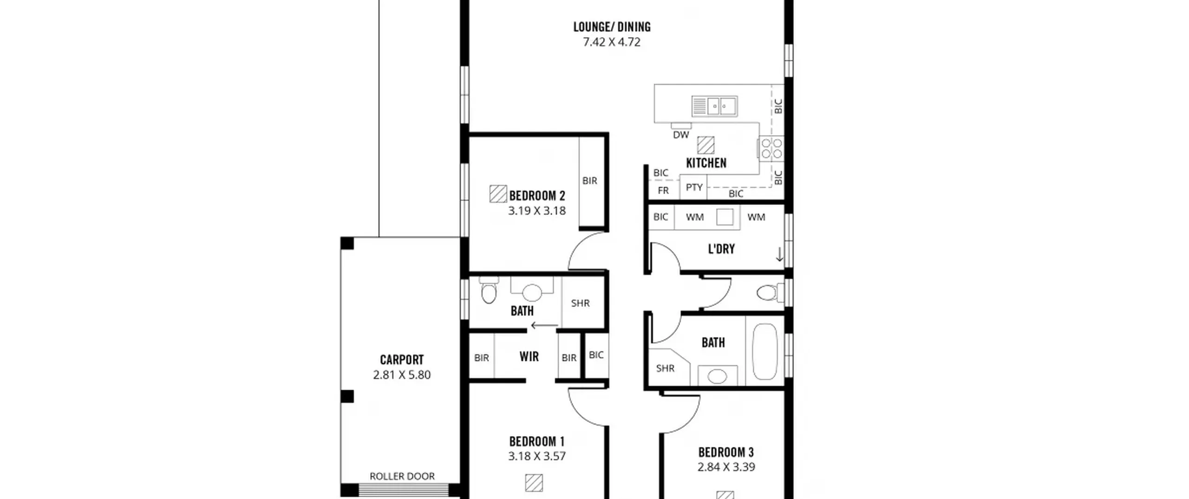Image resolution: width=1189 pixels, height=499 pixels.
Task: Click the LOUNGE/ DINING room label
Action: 612,27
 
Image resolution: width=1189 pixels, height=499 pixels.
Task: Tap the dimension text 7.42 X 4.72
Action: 612,42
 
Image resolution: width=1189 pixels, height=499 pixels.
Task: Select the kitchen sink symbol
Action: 714,106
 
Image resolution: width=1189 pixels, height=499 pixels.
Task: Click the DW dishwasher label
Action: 681,135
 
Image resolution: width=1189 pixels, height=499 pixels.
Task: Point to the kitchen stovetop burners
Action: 771,149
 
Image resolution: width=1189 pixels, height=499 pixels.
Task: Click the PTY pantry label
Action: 694,187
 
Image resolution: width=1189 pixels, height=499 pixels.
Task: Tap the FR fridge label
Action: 663,190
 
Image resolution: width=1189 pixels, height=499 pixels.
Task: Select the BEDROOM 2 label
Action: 537,195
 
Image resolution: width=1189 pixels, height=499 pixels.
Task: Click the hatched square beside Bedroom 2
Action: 498,194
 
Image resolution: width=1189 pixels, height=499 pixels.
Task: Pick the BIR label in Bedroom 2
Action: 590,181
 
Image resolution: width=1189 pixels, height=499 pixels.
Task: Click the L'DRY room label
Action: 721,249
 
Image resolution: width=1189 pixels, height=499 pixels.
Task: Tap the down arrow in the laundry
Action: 779,254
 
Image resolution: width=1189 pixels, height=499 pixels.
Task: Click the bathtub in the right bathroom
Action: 764,351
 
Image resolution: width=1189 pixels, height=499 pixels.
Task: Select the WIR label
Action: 529,356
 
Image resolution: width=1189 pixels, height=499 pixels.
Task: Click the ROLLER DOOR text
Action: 402,476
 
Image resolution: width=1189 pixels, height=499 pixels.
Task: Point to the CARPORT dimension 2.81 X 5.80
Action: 402,375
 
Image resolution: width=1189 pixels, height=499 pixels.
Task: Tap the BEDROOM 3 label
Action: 726,452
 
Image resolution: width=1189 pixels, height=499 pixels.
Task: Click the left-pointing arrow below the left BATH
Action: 544,325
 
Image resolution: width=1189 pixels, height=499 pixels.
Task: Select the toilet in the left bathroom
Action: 488,290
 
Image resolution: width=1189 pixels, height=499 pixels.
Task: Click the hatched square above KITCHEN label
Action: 706,145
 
